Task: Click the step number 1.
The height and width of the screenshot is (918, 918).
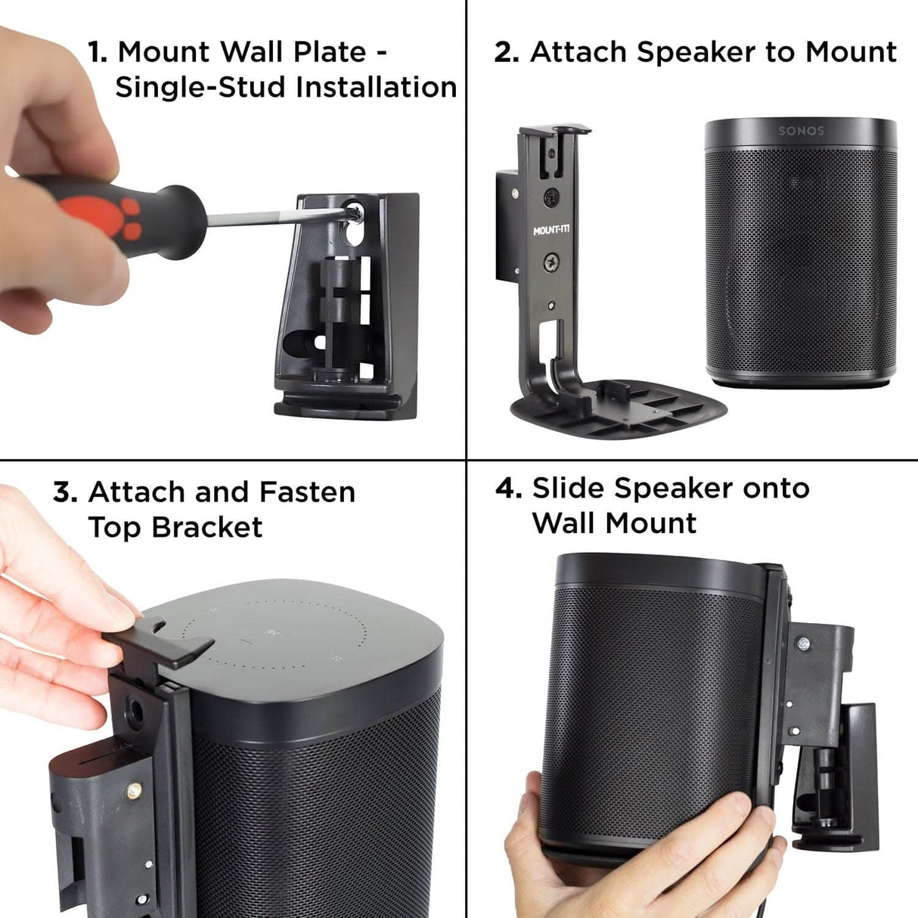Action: coord(97,53)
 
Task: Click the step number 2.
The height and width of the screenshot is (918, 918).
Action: coord(506,53)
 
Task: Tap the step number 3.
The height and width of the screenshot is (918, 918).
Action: coord(65,493)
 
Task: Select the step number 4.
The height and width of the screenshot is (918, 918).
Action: coord(507,489)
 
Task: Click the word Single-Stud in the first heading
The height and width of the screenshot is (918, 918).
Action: coord(200,88)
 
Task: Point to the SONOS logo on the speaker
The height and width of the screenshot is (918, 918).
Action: coord(801,131)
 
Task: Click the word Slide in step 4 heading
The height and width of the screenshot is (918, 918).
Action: coord(568,489)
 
